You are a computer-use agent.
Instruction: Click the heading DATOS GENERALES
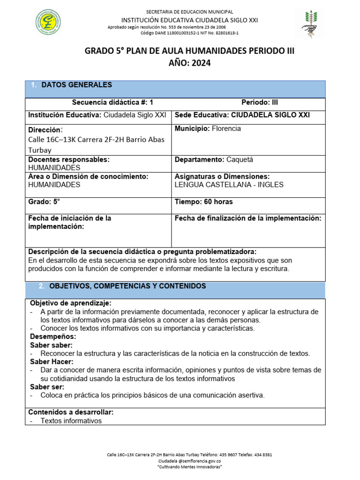pyautogui.click(x=76, y=85)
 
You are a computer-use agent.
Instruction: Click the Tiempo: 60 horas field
pyautogui.click(x=203, y=202)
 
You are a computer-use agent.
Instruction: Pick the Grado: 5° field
pyautogui.click(x=45, y=202)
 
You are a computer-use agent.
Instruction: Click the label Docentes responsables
pyautogui.click(x=68, y=159)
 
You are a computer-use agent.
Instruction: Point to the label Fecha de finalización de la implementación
pyautogui.click(x=247, y=218)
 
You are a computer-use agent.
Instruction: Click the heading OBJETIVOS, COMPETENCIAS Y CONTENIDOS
pyautogui.click(x=127, y=285)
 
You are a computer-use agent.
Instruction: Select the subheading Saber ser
pyautogui.click(x=47, y=387)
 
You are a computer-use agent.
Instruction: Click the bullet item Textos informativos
pyautogui.click(x=71, y=421)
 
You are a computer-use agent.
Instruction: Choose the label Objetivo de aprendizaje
pyautogui.click(x=71, y=303)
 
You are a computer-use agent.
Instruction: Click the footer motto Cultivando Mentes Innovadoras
pyautogui.click(x=189, y=467)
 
